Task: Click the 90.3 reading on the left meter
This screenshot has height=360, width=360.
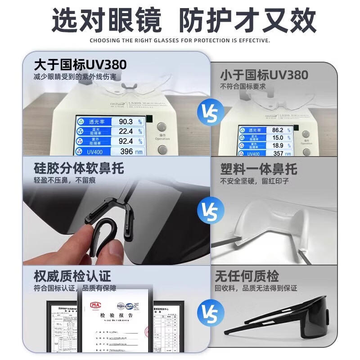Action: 126,121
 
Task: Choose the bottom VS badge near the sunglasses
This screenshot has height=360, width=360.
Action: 211,312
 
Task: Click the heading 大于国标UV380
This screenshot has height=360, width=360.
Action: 81,64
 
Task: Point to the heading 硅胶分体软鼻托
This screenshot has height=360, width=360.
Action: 79,168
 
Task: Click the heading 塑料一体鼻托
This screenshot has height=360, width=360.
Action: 259,169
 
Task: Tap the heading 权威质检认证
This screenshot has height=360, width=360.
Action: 72,275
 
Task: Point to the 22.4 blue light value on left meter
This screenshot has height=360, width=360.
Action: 126,131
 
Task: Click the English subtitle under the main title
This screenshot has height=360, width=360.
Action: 180,40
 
